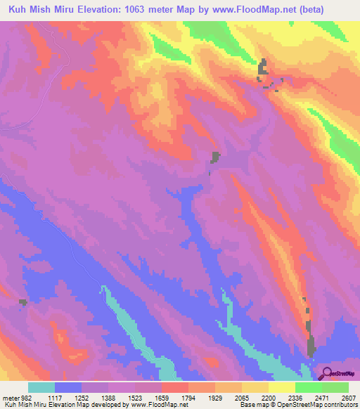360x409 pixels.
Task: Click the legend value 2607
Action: pos(347,398)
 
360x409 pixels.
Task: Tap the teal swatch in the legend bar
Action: pos(41,387)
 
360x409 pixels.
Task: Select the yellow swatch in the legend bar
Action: pos(281,387)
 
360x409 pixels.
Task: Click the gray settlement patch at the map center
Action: pos(215,157)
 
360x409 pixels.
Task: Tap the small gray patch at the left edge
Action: pos(23,302)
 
